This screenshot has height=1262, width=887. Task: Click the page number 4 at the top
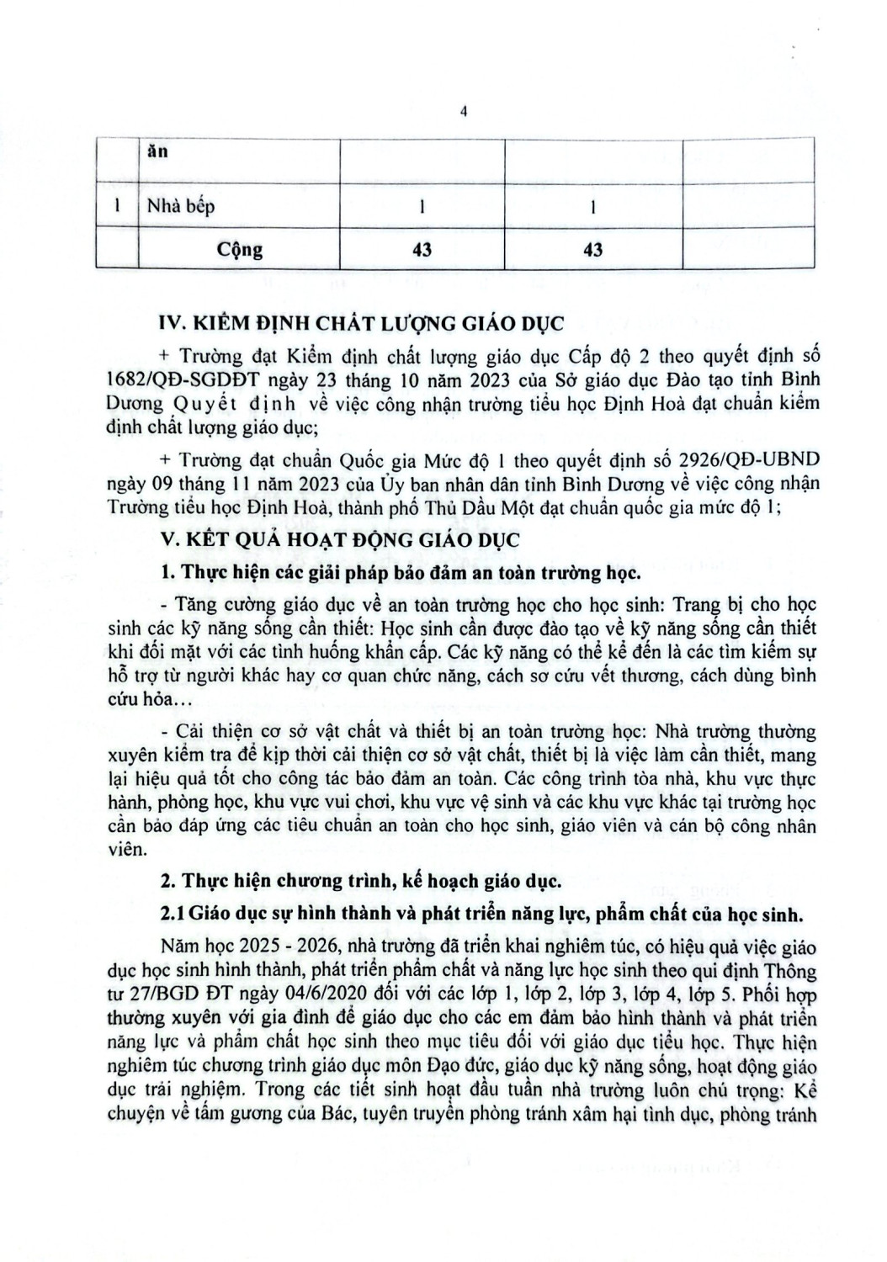coord(463,114)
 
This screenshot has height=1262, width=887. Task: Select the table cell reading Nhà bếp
coord(181,205)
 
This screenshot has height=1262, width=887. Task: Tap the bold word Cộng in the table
coord(240,249)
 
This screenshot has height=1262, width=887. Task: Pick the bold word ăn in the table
coord(157,152)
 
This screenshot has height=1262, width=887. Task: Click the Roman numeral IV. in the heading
coord(173,323)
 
